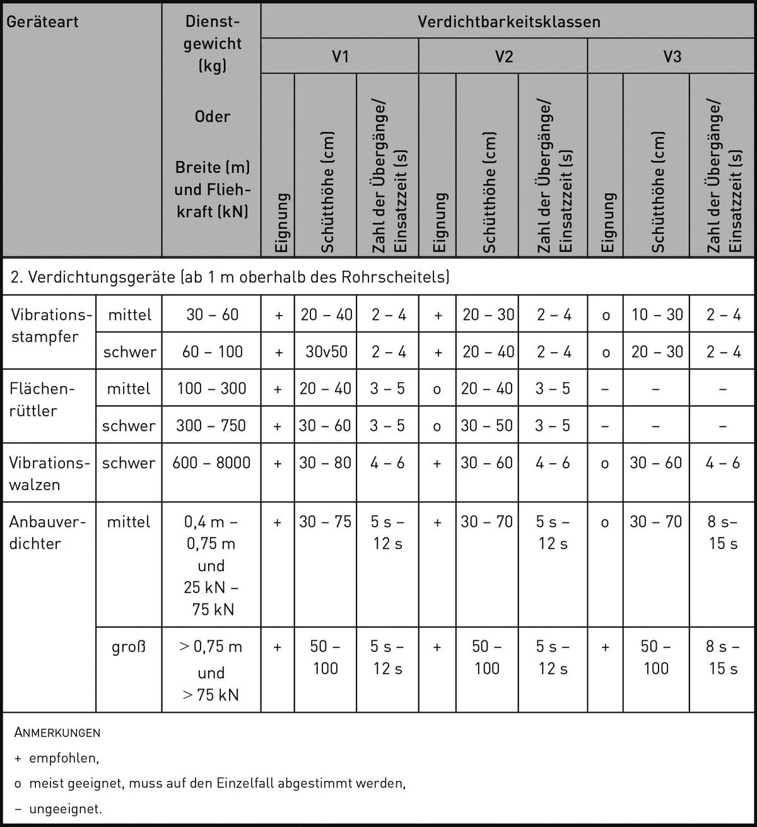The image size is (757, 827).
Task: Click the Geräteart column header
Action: tap(42, 22)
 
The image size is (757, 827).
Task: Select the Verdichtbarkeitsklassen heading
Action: tap(508, 22)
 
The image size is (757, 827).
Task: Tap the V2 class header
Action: tap(503, 57)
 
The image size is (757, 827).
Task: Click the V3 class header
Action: tap(672, 57)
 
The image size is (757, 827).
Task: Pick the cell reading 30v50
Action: tap(326, 352)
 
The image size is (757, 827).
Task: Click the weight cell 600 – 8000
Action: tap(211, 463)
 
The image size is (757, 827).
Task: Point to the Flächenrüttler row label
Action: tap(42, 399)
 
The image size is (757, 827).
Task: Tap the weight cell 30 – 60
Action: tap(212, 315)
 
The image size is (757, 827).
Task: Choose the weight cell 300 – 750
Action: tap(211, 426)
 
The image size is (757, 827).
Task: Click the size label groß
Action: tap(129, 647)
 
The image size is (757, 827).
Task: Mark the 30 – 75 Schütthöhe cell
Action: tap(326, 522)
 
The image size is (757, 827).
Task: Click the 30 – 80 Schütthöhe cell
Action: tap(326, 463)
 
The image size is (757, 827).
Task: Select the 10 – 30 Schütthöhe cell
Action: tap(657, 315)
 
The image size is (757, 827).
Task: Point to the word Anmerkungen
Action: tap(57, 733)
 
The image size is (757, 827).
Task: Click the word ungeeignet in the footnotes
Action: tap(65, 809)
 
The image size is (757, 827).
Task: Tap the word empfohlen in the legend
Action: tap(63, 758)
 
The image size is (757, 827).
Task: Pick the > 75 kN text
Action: tap(211, 695)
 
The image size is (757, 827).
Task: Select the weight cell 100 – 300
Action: tap(211, 389)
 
